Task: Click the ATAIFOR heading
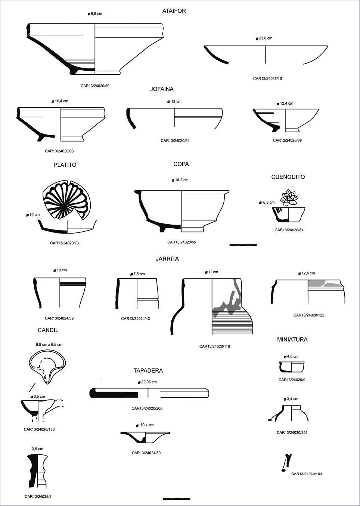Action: click(174, 11)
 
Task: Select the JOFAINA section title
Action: click(162, 89)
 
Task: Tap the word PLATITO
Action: click(65, 165)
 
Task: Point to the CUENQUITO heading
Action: click(288, 177)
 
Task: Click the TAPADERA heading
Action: click(148, 371)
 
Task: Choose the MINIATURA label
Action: click(292, 340)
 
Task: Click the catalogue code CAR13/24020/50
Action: click(95, 86)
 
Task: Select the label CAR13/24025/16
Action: click(267, 78)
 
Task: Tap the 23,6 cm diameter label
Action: click(265, 38)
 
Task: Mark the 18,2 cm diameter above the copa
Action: click(181, 180)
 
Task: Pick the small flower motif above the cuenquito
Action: click(289, 198)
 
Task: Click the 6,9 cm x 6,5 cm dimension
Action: click(49, 345)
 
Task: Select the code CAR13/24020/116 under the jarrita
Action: click(215, 346)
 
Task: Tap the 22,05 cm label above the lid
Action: click(148, 382)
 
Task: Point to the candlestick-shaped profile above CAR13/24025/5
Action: click(37, 471)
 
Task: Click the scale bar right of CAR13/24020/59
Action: click(243, 245)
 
